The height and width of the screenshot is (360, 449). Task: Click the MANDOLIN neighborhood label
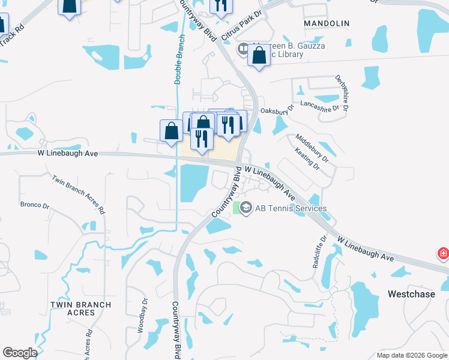tap(327, 23)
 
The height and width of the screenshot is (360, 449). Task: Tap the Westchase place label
tap(411, 294)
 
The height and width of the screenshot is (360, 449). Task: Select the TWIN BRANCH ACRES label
tap(80, 308)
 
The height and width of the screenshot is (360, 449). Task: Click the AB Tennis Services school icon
tap(246, 208)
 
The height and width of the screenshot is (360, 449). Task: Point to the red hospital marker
tap(443, 253)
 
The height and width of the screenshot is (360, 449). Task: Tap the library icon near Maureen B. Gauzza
tap(243, 49)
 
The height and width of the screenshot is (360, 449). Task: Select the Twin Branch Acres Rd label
tap(78, 194)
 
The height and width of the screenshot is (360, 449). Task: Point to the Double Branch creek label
tap(178, 58)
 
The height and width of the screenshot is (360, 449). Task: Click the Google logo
tap(20, 353)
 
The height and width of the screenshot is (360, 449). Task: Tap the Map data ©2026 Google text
tap(412, 355)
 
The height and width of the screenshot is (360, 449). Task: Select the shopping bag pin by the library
tap(259, 56)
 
